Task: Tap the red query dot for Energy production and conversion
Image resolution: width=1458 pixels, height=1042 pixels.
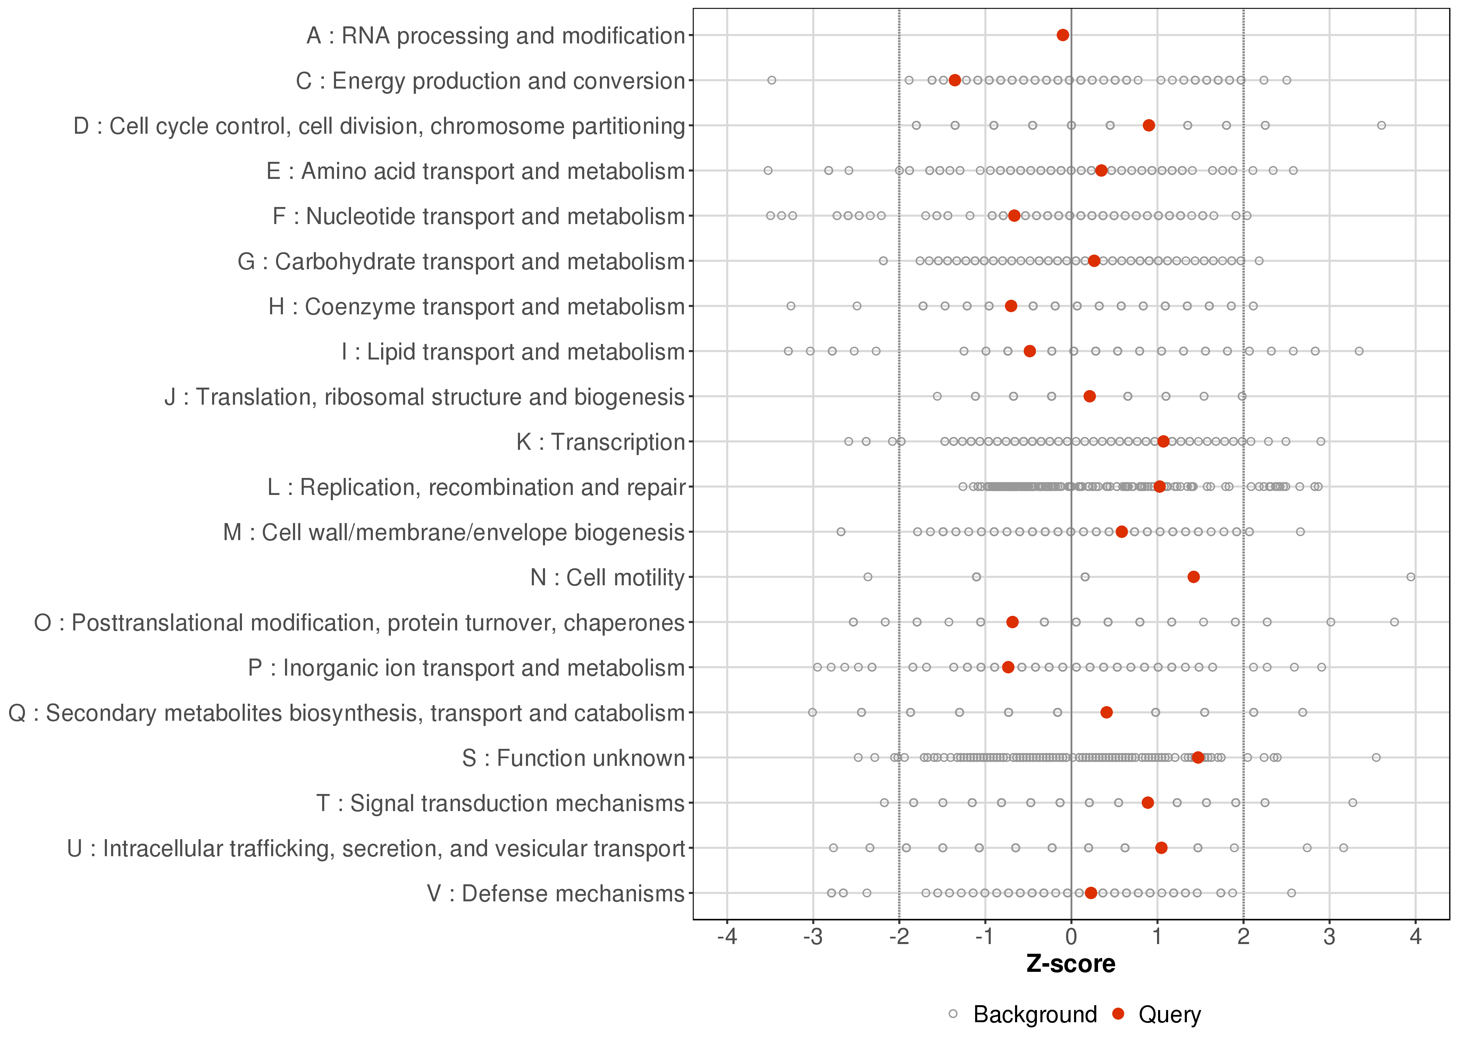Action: coord(955,80)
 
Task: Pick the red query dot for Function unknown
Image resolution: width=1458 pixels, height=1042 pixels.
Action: coord(1198,758)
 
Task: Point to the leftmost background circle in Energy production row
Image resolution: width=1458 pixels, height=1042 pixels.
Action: coord(772,80)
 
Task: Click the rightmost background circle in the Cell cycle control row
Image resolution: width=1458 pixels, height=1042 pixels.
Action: coord(1382,125)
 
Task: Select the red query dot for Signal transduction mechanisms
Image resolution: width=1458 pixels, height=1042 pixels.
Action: coord(1148,803)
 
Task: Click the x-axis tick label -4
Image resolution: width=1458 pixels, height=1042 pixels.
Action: coord(727,937)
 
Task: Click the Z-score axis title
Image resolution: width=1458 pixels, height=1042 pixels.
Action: coord(1071,964)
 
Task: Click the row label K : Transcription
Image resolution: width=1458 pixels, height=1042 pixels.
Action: coord(601,442)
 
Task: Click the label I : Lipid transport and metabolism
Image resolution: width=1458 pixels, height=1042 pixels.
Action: coord(513,352)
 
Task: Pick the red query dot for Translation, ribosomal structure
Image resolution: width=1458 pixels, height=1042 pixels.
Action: coord(1089,397)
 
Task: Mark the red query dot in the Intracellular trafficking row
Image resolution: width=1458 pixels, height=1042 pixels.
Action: coord(1161,847)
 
